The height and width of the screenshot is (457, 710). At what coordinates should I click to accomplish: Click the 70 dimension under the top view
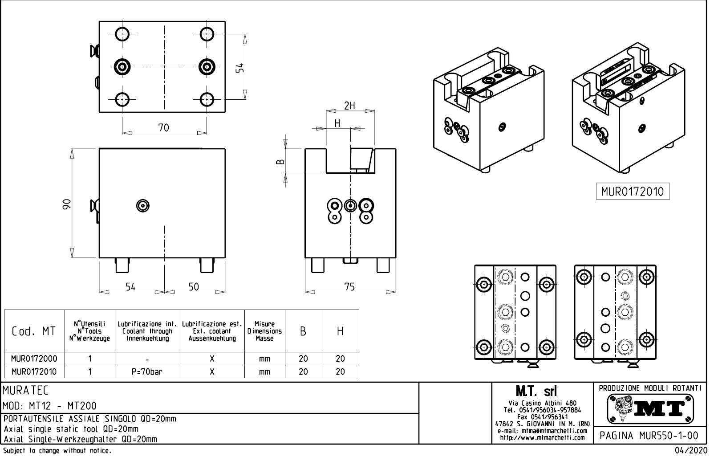point(163,128)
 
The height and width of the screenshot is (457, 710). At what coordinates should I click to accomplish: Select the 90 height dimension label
point(66,204)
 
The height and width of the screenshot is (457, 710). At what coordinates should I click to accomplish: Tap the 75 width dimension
point(349,287)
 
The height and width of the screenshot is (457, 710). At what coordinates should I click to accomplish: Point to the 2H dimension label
point(349,106)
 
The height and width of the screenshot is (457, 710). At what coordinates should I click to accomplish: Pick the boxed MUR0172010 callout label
point(632,192)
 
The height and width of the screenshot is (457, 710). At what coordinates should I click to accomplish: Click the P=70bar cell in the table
point(147,371)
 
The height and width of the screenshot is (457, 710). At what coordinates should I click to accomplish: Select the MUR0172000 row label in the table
point(34,359)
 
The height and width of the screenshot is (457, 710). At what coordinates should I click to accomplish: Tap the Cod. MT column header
point(34,331)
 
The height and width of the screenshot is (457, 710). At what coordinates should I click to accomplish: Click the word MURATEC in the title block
point(25,391)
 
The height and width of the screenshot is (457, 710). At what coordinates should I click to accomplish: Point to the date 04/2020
point(691,451)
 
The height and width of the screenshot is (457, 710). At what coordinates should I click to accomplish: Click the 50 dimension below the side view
point(194,287)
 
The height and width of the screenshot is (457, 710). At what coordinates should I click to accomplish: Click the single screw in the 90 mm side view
point(143,205)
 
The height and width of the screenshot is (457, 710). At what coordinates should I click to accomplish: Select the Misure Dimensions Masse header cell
point(264,331)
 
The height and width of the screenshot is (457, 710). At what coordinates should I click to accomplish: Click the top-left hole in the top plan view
point(122,34)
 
